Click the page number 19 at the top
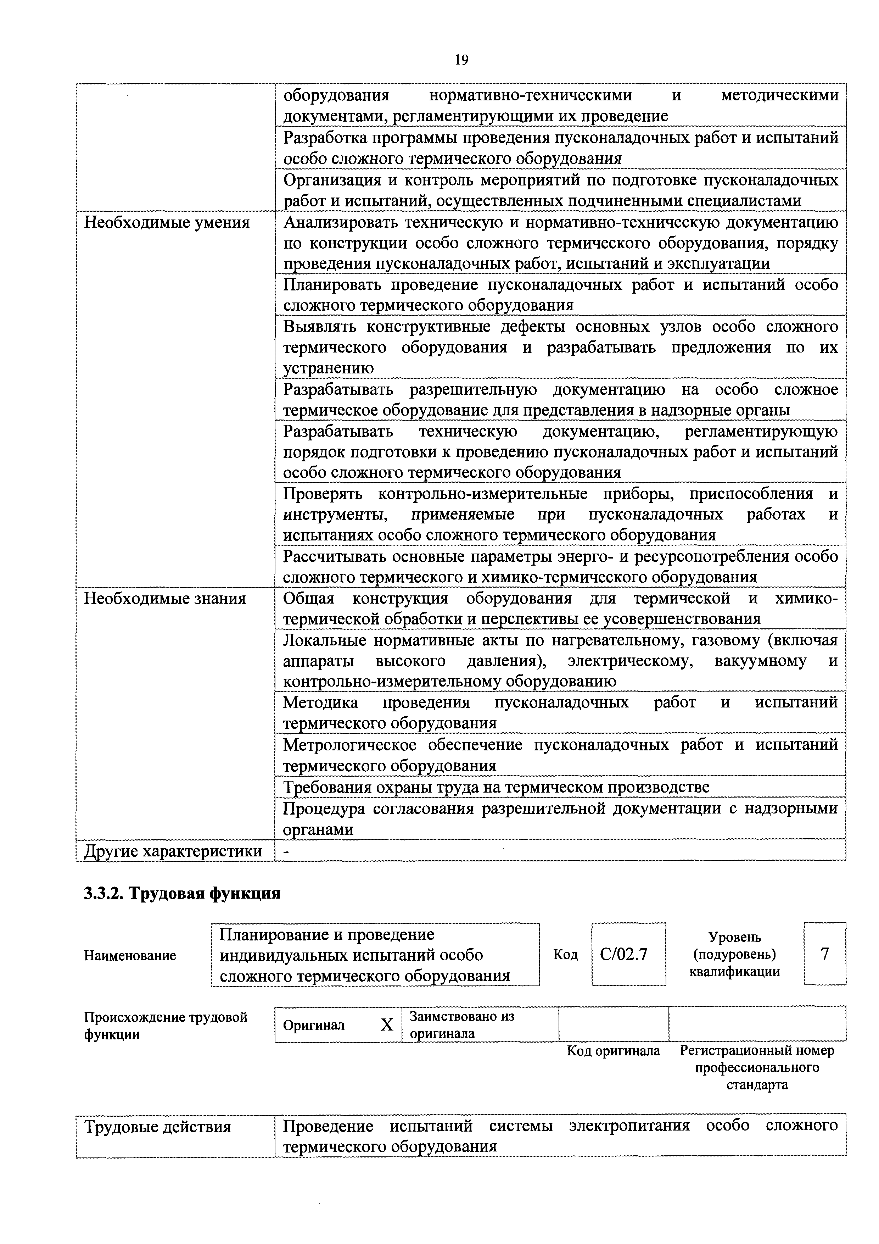click(x=461, y=60)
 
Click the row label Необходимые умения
click(x=167, y=223)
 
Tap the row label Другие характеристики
click(x=173, y=851)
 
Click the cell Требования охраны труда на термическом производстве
click(x=496, y=787)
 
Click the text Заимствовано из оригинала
click(x=461, y=1024)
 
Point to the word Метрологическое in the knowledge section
click(x=349, y=745)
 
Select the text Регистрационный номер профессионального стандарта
click(x=757, y=1068)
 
